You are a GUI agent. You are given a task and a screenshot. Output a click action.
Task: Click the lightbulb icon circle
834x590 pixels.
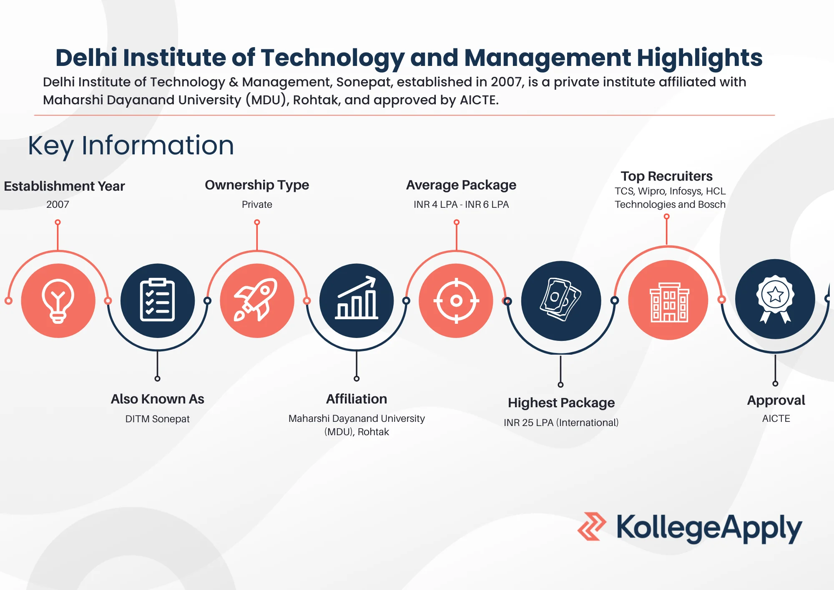pyautogui.click(x=58, y=300)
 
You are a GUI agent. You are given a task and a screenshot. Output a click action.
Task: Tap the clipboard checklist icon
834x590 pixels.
pyautogui.click(x=157, y=300)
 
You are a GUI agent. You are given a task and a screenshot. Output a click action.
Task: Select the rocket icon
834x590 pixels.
pyautogui.click(x=257, y=300)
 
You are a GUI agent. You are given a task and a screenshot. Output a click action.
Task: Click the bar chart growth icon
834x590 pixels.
pyautogui.click(x=357, y=300)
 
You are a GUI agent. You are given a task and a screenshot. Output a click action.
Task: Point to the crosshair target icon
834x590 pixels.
pyautogui.click(x=456, y=300)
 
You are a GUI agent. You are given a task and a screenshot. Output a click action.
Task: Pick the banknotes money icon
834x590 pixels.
pyautogui.click(x=561, y=300)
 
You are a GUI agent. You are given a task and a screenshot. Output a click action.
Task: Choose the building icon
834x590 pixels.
pyautogui.click(x=668, y=300)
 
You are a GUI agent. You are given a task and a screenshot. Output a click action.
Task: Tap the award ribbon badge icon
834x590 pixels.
pyautogui.click(x=775, y=299)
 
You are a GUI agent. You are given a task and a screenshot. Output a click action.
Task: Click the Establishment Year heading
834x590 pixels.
pyautogui.click(x=64, y=186)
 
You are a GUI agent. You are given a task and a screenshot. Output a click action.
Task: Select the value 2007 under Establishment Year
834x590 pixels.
pyautogui.click(x=58, y=204)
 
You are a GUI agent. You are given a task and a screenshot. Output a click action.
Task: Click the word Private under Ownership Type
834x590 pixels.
pyautogui.click(x=257, y=204)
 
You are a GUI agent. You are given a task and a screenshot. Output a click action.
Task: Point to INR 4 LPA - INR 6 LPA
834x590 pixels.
pyautogui.click(x=461, y=204)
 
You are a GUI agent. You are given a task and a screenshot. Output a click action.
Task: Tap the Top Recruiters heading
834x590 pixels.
pyautogui.click(x=666, y=176)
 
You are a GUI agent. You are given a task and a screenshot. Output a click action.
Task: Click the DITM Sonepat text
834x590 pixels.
pyautogui.click(x=157, y=419)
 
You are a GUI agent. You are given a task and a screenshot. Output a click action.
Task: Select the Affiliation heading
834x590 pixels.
pyautogui.click(x=357, y=399)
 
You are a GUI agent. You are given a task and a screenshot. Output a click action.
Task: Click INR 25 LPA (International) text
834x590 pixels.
pyautogui.click(x=561, y=423)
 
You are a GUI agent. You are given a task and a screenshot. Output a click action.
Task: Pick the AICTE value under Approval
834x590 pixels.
pyautogui.click(x=776, y=419)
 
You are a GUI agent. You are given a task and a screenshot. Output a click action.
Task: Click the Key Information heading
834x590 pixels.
pyautogui.click(x=131, y=146)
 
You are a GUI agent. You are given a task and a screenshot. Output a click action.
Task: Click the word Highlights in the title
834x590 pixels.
pyautogui.click(x=699, y=58)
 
